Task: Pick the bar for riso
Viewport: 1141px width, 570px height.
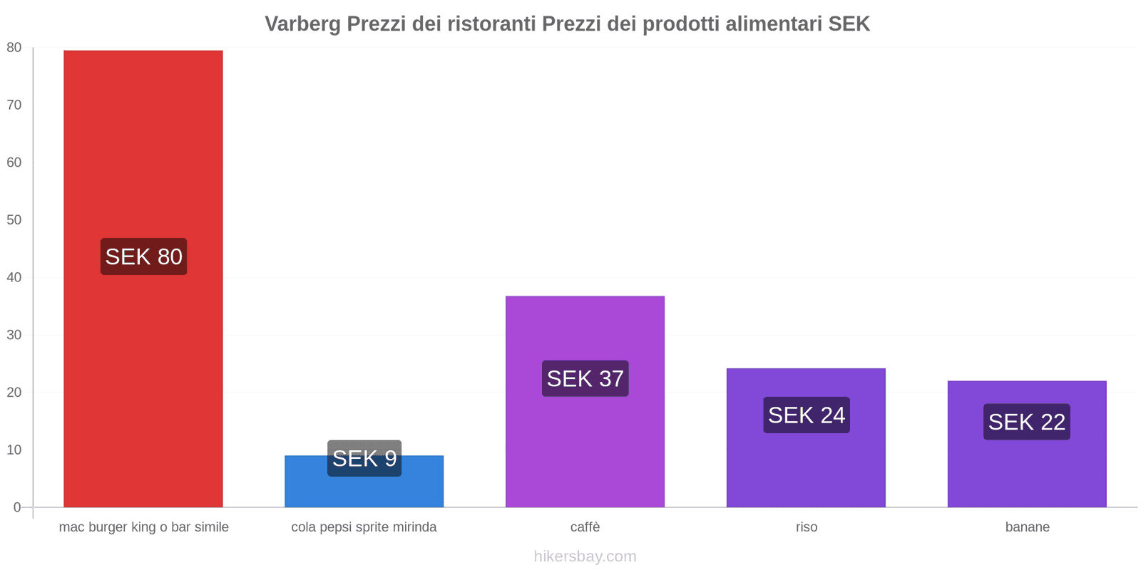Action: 806,463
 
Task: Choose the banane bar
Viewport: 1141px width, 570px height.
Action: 1027,470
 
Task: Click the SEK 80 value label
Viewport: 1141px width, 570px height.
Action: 143,256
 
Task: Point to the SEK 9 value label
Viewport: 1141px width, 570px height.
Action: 364,458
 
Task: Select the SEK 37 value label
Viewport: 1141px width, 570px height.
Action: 585,378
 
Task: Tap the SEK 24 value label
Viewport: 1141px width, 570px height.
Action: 806,415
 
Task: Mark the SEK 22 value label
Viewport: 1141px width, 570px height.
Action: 1026,422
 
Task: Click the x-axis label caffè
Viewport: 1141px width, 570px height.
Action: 585,527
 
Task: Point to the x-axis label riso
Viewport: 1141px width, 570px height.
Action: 807,527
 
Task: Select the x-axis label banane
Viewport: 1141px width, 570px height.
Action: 1027,527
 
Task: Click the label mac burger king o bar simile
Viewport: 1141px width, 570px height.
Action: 143,527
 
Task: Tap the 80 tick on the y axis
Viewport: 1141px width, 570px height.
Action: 14,48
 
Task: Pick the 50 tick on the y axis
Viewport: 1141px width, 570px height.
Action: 14,220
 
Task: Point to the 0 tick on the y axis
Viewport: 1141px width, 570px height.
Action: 17,507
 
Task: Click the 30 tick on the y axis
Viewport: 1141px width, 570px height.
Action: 14,335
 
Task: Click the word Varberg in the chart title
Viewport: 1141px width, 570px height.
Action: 302,24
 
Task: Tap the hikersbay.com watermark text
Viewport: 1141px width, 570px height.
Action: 585,556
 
